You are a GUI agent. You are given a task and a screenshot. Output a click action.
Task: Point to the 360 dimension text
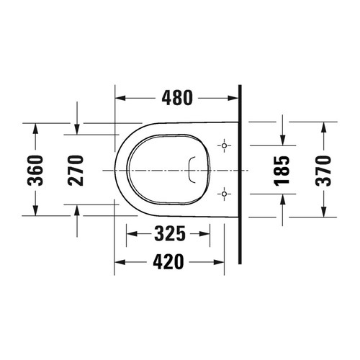(x=42, y=170)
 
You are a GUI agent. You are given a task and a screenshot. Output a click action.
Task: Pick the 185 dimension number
(x=283, y=170)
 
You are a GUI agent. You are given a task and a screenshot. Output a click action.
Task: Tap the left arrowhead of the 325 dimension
(x=131, y=233)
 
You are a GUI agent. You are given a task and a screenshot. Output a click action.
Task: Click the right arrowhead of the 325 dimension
(x=210, y=233)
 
